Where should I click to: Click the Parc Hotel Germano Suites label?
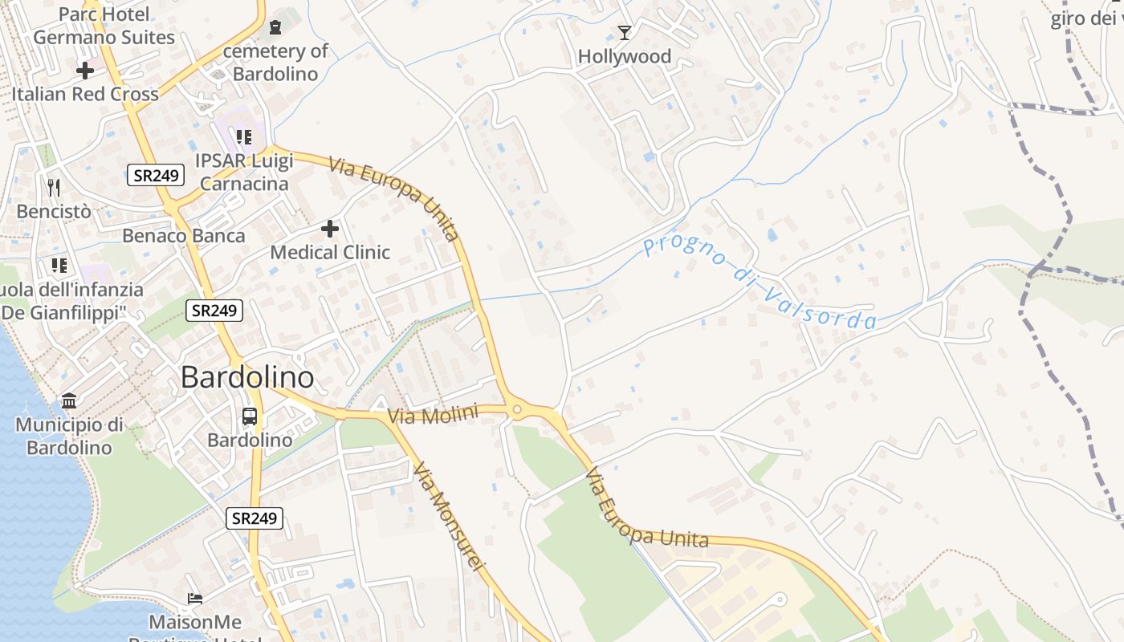click(x=104, y=26)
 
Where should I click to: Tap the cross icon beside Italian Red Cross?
click(x=85, y=71)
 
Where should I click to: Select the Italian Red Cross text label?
click(x=85, y=94)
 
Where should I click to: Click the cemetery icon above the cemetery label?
click(x=275, y=27)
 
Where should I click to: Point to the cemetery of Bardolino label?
click(x=275, y=63)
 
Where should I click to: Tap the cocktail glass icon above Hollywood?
click(x=625, y=33)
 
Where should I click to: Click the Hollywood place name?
click(x=625, y=56)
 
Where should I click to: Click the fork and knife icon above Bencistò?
click(x=54, y=188)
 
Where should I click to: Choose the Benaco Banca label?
click(x=184, y=236)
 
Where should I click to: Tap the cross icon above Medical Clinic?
click(x=330, y=230)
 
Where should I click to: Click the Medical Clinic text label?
click(x=330, y=252)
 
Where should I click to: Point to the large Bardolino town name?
click(x=247, y=376)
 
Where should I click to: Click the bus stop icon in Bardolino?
click(x=250, y=416)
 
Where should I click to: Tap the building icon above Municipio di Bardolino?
click(x=69, y=400)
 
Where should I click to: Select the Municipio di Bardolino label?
click(x=69, y=436)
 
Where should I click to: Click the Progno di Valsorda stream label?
click(x=759, y=282)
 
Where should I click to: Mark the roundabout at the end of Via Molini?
click(x=517, y=410)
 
